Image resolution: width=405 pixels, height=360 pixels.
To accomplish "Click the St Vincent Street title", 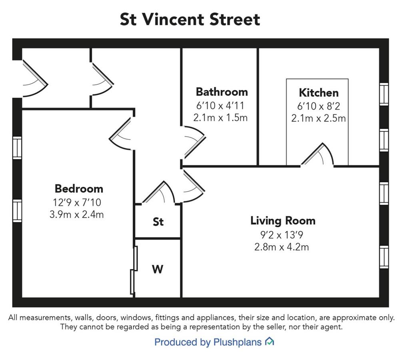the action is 190,19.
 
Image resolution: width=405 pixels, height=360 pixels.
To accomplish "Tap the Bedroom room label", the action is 79,189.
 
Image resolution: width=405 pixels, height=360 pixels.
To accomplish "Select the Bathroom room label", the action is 222,92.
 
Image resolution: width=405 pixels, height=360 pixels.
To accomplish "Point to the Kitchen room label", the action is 319,92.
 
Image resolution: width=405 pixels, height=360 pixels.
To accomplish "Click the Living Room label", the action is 283,221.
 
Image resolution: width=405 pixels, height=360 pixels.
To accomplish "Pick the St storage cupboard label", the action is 158,222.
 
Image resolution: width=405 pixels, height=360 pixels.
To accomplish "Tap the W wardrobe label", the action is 158,269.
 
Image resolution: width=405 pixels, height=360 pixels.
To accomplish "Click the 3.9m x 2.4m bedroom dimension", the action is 77,214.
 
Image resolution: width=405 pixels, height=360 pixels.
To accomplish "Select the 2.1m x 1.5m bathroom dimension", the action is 221,118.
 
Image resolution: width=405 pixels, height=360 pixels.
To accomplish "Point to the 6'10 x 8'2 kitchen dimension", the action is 319,106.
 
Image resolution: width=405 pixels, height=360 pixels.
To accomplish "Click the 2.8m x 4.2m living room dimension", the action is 281,247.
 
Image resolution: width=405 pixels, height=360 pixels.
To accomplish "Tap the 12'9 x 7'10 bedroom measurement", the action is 77,202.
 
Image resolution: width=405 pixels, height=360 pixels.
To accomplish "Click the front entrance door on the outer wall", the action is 35,78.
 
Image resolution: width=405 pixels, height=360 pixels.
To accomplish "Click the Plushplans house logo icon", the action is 269,342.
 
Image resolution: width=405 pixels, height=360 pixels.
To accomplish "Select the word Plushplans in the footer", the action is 237,342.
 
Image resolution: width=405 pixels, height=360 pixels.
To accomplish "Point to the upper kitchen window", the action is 384,94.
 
